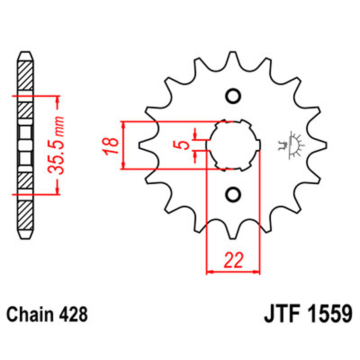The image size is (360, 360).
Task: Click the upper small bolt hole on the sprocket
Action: [233, 96]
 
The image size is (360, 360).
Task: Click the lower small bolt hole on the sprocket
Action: [233, 193]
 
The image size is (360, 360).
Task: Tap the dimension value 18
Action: [110, 145]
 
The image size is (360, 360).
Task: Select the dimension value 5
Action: [183, 144]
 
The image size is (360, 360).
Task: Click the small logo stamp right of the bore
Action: [291, 144]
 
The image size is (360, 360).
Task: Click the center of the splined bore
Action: [234, 144]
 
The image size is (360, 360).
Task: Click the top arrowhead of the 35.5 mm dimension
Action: [58, 99]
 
